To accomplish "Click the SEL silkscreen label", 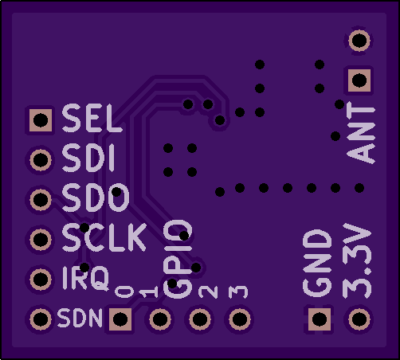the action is click(92, 118).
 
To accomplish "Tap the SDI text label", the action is click(88, 158).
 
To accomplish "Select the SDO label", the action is click(96, 198).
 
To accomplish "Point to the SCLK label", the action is click(104, 237).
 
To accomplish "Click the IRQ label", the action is click(85, 278).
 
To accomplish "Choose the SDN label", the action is click(80, 318).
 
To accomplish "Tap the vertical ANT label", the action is click(361, 133).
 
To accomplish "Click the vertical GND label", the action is click(317, 263).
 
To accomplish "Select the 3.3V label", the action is click(357, 260).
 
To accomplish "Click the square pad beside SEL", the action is click(41, 120).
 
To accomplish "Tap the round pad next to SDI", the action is click(41, 160).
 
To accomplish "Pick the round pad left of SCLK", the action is click(41, 240).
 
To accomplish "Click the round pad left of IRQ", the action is click(41, 280).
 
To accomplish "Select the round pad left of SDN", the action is click(41, 319).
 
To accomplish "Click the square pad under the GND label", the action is click(320, 319).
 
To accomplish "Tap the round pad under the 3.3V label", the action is click(359, 319).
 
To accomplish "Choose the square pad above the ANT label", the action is click(359, 80).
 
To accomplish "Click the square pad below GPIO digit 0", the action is click(120, 319).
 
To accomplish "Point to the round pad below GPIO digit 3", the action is click(240, 319).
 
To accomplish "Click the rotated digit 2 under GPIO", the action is click(208, 292).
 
